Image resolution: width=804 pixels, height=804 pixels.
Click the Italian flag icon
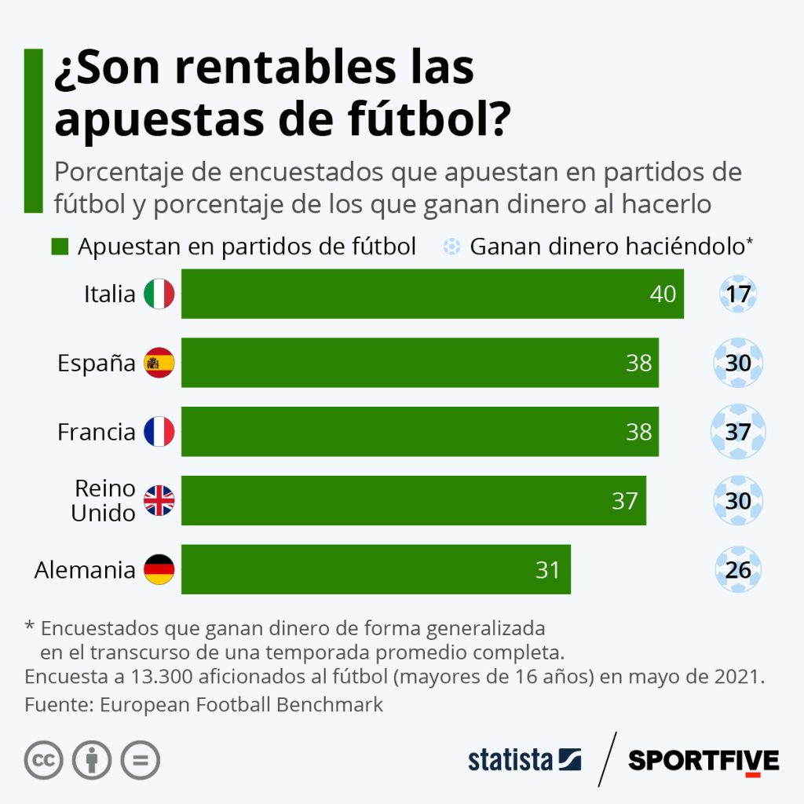159,294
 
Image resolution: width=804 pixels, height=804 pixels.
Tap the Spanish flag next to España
159,363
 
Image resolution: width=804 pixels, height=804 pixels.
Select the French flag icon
159,432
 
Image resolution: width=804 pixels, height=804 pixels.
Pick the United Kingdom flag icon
159,500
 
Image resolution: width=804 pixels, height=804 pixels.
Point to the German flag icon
159,569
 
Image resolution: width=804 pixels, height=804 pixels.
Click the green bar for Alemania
375,569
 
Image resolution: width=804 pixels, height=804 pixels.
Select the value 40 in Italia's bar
663,294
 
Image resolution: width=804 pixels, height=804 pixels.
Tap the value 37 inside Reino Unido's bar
625,500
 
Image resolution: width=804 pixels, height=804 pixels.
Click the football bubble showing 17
738,295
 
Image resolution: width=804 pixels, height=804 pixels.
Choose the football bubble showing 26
738,569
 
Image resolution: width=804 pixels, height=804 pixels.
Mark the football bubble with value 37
738,432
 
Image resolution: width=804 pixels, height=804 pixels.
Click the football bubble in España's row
738,363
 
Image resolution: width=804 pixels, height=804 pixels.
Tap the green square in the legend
60,247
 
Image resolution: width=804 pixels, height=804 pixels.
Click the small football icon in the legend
451,247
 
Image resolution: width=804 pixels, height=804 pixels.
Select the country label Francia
97,432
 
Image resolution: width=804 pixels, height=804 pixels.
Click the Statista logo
524,760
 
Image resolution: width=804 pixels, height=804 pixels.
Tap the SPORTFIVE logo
703,761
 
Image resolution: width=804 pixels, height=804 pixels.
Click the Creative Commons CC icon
44,760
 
